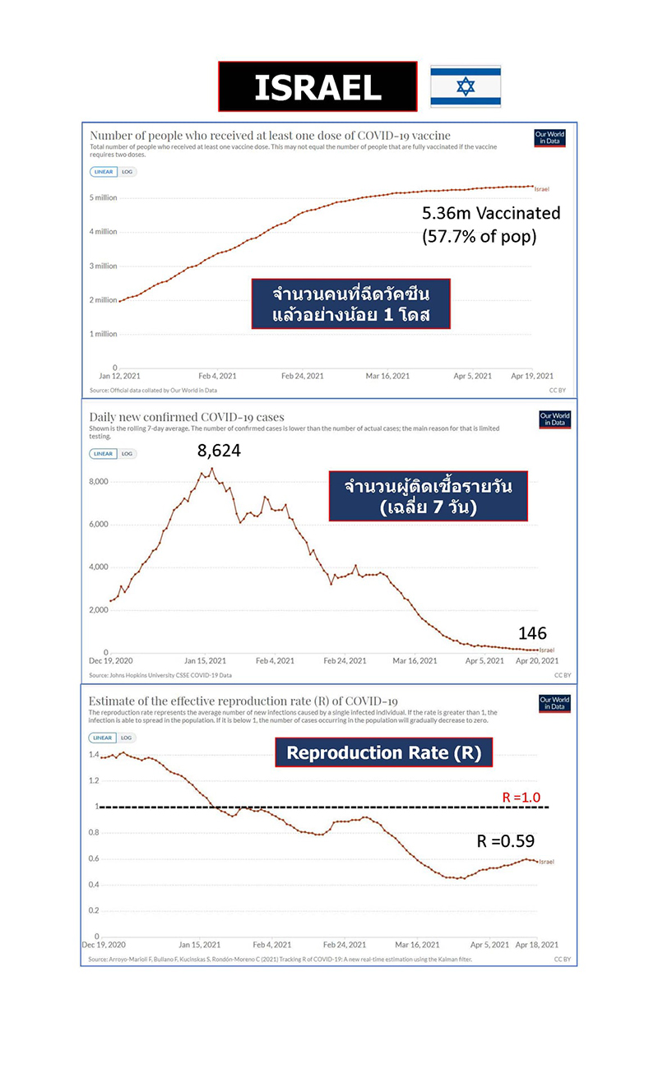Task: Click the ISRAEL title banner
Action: tap(317, 86)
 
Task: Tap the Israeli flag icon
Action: tap(466, 86)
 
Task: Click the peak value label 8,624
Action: tap(219, 450)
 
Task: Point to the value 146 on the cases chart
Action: tap(532, 633)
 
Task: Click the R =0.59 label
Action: tap(506, 841)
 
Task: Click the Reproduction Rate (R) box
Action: tap(383, 752)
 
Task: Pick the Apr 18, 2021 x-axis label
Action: tap(540, 945)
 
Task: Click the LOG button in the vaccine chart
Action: tap(127, 172)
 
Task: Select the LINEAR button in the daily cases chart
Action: tap(103, 453)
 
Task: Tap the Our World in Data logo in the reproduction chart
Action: tap(554, 704)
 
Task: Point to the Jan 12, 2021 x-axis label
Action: tap(118, 376)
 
